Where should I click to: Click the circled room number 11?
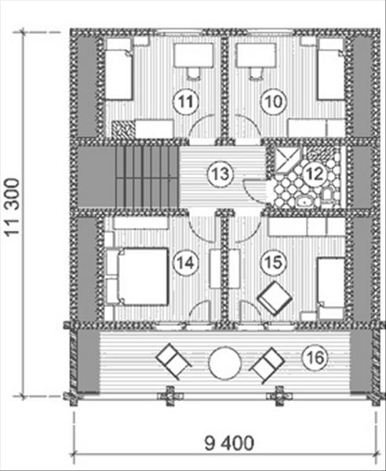pyautogui.click(x=185, y=102)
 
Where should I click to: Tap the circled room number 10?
pyautogui.click(x=273, y=101)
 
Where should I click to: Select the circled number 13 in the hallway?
pyautogui.click(x=220, y=174)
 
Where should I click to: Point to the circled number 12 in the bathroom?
pyautogui.click(x=315, y=174)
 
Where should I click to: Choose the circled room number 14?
pyautogui.click(x=185, y=263)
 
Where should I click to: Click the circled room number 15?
pyautogui.click(x=273, y=261)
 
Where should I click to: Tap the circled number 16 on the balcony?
pyautogui.click(x=315, y=357)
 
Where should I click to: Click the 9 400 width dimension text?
pyautogui.click(x=229, y=443)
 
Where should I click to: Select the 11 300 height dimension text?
pyautogui.click(x=13, y=208)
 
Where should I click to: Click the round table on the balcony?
pyautogui.click(x=225, y=363)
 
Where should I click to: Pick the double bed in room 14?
pyautogui.click(x=143, y=276)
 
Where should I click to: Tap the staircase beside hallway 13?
pyautogui.click(x=147, y=177)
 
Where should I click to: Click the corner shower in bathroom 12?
pyautogui.click(x=288, y=159)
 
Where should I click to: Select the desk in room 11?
pyautogui.click(x=194, y=55)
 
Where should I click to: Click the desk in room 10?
pyautogui.click(x=256, y=55)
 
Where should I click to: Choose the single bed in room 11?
pyautogui.click(x=118, y=69)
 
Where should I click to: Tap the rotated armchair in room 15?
pyautogui.click(x=275, y=298)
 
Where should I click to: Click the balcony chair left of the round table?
pyautogui.click(x=173, y=362)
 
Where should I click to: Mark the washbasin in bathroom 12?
pyautogui.click(x=305, y=202)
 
